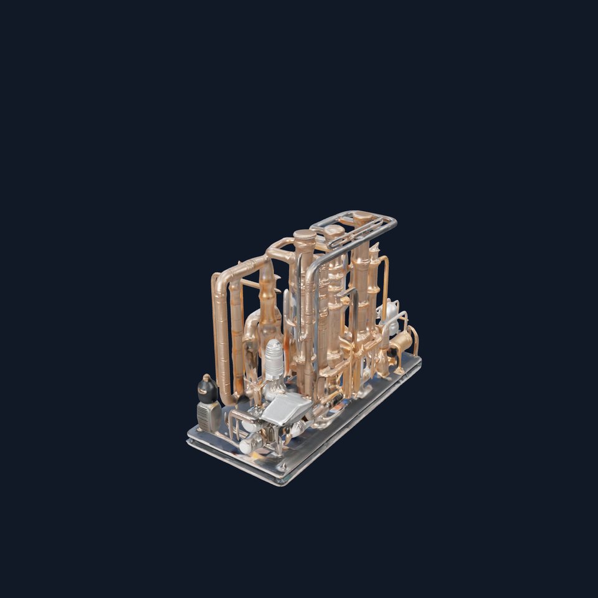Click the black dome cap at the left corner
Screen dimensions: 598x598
point(207,387)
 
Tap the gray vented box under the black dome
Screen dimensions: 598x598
point(208,415)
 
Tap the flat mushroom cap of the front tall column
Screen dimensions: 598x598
point(305,235)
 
